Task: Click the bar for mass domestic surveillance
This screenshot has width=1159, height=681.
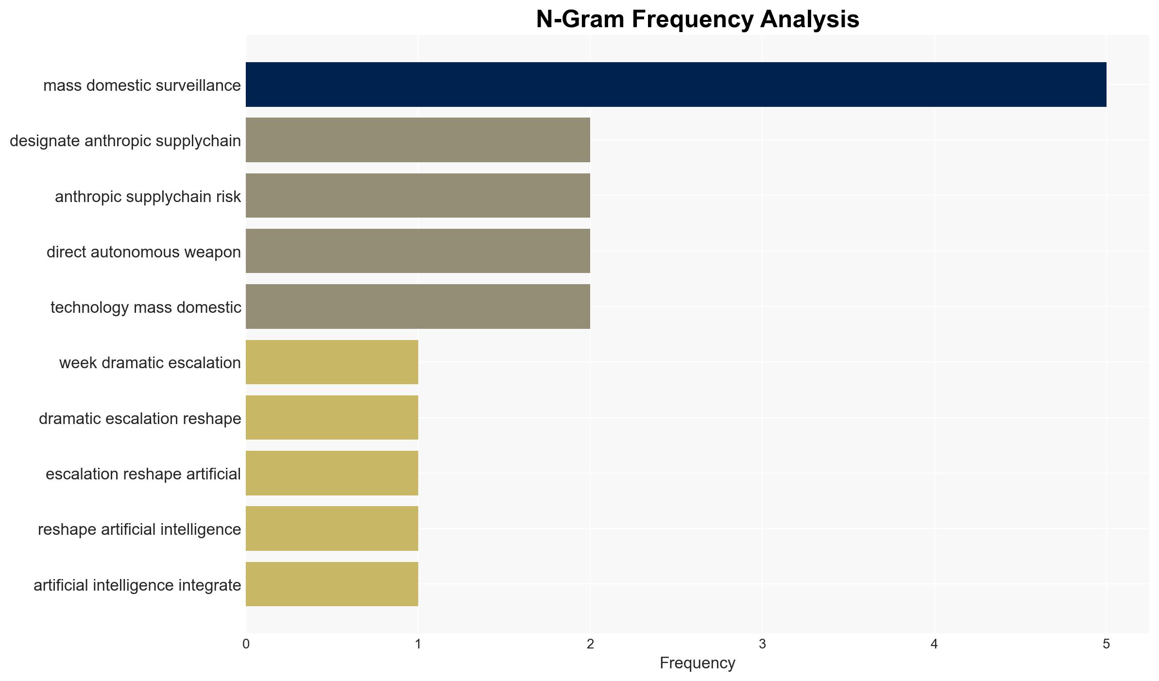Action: point(676,85)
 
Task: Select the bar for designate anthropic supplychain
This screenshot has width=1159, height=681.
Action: point(418,140)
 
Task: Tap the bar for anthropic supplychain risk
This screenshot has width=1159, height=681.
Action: point(418,196)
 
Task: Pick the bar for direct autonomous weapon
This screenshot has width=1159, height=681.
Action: point(418,251)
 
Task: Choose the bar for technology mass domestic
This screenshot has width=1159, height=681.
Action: point(418,306)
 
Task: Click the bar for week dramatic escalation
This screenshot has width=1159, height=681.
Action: point(332,362)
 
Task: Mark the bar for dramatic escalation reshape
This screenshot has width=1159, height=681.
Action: point(332,418)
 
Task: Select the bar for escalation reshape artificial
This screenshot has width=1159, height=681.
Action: point(332,473)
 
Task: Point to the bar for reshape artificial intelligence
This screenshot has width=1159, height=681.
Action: point(332,528)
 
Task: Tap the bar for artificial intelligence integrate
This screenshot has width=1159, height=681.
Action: point(332,584)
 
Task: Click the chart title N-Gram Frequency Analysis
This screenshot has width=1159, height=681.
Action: point(698,19)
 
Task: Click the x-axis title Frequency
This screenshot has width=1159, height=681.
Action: point(698,663)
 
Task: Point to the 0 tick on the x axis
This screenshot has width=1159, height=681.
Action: point(246,644)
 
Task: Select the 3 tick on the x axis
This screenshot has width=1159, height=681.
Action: point(762,644)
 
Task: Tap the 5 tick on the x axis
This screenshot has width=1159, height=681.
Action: point(1107,644)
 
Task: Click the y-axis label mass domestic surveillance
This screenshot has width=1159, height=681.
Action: point(142,85)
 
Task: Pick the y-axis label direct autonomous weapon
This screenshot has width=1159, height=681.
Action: point(144,252)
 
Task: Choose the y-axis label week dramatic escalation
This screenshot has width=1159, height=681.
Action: point(150,363)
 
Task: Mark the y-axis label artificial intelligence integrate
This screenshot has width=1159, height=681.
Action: point(137,585)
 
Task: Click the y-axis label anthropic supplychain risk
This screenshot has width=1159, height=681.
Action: point(148,197)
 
